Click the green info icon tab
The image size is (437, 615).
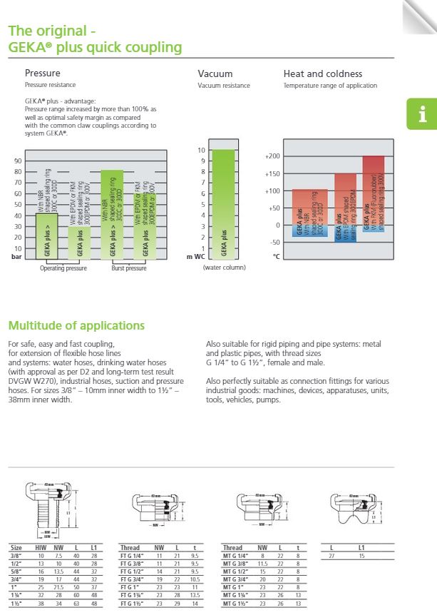pyautogui.click(x=421, y=114)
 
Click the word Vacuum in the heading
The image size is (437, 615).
pyautogui.click(x=215, y=73)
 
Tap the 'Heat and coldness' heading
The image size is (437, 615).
pyautogui.click(x=322, y=73)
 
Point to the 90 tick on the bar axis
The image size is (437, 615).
pyautogui.click(x=18, y=161)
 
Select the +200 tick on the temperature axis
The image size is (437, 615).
pyautogui.click(x=272, y=156)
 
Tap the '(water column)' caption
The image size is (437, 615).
pyautogui.click(x=224, y=268)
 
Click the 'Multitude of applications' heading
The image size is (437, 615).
pyautogui.click(x=76, y=326)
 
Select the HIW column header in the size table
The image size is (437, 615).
pyautogui.click(x=42, y=548)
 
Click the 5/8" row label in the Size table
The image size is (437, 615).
pyautogui.click(x=15, y=571)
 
